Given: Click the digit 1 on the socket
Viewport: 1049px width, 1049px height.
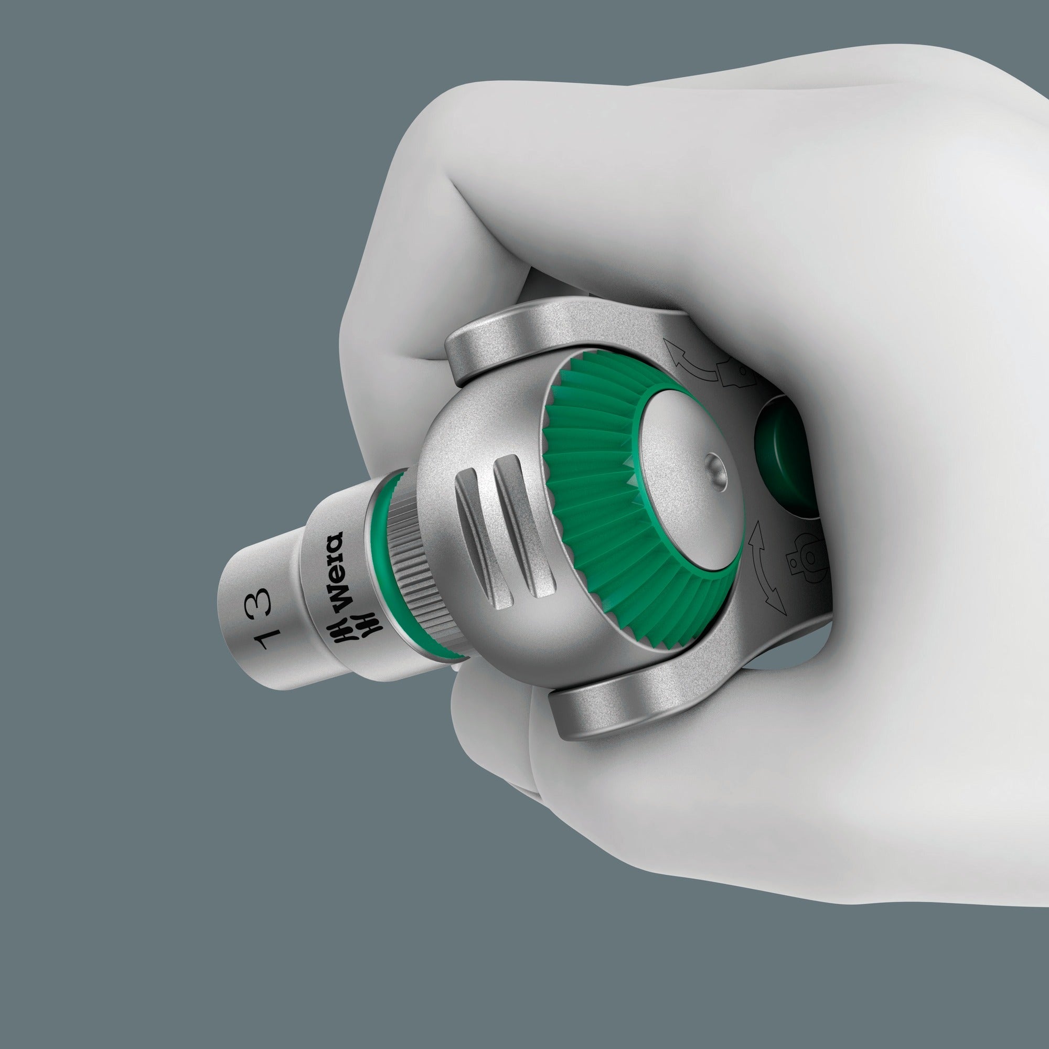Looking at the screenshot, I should [267, 639].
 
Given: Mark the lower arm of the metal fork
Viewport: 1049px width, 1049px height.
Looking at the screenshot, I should [624, 706].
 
